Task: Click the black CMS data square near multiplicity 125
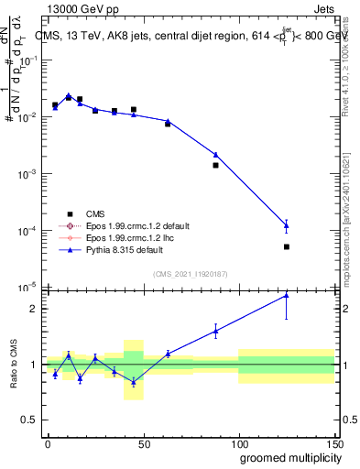coord(287,246)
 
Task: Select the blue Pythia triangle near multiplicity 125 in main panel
coord(287,225)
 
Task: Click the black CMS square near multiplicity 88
coord(215,165)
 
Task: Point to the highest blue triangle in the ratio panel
coord(287,295)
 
